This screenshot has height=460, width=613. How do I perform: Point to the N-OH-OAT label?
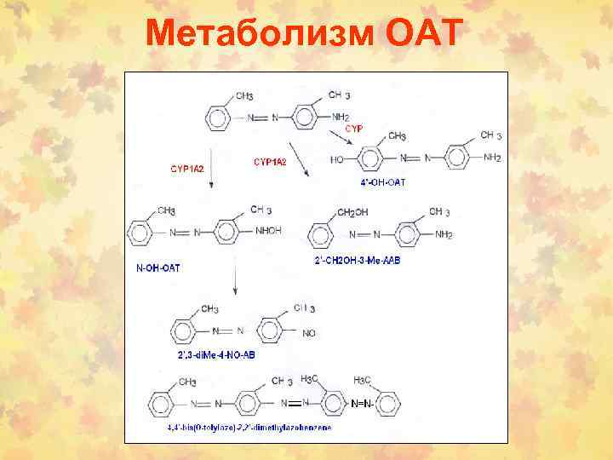click(158, 267)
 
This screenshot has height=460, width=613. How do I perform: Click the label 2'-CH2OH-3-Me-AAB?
click(357, 260)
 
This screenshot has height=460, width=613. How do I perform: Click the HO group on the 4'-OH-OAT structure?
click(339, 158)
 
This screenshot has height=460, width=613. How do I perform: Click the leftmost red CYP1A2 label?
click(187, 170)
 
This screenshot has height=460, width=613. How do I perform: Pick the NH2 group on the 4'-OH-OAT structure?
click(492, 158)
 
